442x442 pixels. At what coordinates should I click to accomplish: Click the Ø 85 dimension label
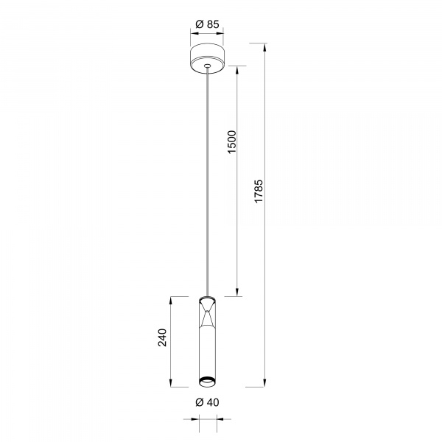[207, 24]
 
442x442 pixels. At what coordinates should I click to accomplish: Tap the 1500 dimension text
[232, 141]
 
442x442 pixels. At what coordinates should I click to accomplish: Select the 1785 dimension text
[259, 191]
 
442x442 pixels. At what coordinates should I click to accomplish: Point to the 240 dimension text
[163, 337]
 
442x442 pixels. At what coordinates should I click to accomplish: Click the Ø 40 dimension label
[207, 402]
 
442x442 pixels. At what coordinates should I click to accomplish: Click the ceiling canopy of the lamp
[208, 59]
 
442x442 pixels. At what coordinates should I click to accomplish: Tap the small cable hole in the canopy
[208, 66]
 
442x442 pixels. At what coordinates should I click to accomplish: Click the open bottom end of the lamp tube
[208, 382]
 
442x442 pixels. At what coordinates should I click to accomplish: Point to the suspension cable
[208, 182]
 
